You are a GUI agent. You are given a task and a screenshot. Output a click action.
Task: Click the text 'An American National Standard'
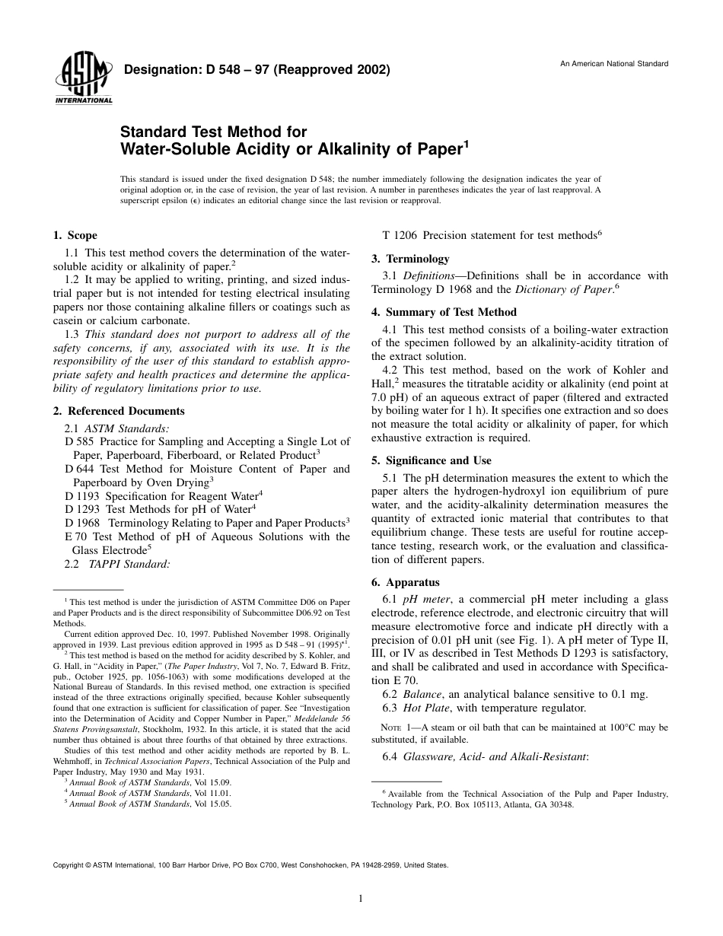coord(614,64)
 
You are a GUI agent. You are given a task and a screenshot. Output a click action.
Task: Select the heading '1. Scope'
coord(75,236)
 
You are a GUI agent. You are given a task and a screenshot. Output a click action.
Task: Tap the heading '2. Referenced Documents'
coord(118,412)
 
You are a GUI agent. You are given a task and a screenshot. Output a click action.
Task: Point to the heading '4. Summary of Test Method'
coord(444,312)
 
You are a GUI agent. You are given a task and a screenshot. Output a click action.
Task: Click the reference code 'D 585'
coord(79,441)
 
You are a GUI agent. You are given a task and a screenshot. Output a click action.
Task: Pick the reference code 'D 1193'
coord(82,496)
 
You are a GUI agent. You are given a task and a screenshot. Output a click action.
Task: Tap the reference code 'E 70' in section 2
coord(76,537)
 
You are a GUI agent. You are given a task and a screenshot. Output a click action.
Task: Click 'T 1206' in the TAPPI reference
coord(398,236)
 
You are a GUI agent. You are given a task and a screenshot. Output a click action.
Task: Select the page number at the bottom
coord(361,899)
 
